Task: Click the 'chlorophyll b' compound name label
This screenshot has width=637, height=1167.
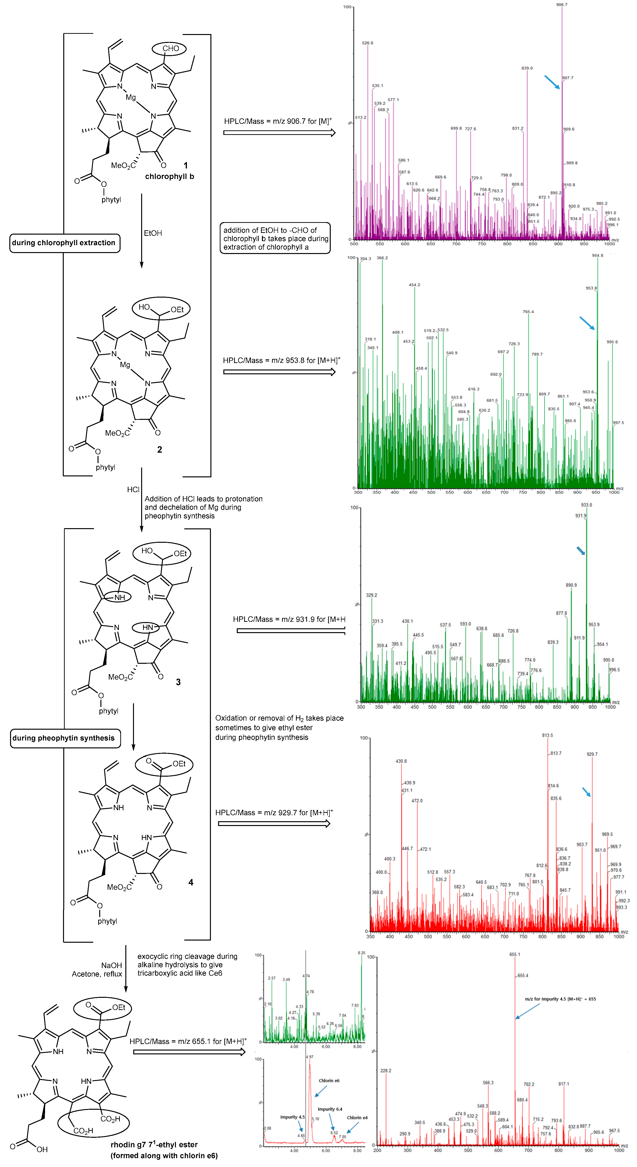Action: [x=169, y=176]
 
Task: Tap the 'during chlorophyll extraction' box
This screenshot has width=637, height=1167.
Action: [x=64, y=243]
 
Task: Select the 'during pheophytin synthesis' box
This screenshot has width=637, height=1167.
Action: [x=64, y=738]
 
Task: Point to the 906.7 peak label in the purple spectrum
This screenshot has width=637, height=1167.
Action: [x=561, y=5]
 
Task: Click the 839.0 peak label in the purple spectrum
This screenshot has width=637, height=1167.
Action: [x=527, y=68]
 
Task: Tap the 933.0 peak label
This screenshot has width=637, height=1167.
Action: [x=586, y=505]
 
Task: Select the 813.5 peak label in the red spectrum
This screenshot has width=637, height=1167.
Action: [x=547, y=735]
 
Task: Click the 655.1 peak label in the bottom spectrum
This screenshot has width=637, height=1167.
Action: [x=515, y=954]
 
